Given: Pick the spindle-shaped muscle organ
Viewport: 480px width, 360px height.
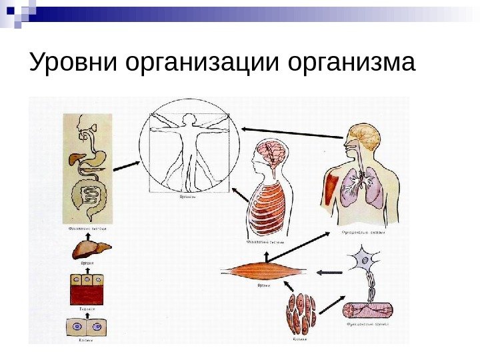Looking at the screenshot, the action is [264, 272].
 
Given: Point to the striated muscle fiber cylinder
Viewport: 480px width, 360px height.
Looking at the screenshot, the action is [368, 310].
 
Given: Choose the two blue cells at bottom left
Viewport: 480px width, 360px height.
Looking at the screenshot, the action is [87, 327].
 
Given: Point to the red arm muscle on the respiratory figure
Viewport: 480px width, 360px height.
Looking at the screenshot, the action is [329, 189].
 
